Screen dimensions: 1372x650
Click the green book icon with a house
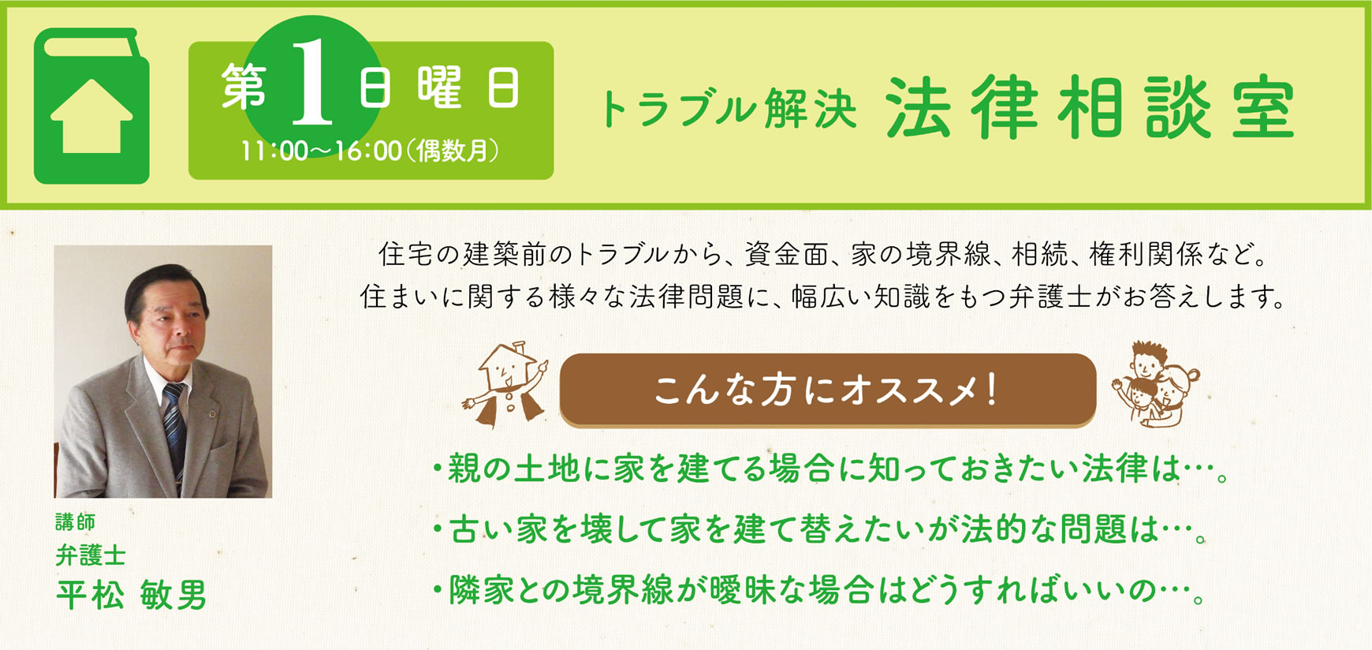coord(91,106)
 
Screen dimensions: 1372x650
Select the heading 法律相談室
coord(1091,107)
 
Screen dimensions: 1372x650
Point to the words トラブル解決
coord(728,109)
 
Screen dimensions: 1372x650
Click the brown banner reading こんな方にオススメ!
coord(828,390)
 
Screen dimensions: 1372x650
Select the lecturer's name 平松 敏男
coord(131,594)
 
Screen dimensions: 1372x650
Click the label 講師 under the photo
coord(76,522)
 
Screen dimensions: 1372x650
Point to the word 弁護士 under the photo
coord(91,555)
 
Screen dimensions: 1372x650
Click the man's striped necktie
coord(175,426)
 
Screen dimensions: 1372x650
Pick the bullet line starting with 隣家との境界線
coord(818,590)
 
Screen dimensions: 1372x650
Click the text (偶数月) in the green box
coord(453,151)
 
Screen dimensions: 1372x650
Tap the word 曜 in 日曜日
coord(439,87)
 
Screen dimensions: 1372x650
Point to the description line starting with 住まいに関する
coord(824,297)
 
